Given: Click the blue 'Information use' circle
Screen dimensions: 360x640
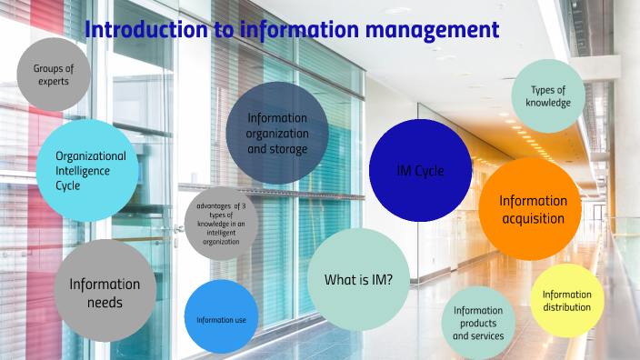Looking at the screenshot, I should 221,318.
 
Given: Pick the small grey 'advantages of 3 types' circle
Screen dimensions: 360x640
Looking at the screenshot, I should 221,224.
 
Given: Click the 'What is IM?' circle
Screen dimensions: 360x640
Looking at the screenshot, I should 358,279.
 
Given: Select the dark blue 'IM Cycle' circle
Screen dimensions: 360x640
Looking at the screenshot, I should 420,170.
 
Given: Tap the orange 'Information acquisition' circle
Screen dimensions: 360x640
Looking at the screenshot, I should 530,209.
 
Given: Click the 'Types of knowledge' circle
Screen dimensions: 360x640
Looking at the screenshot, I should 548,96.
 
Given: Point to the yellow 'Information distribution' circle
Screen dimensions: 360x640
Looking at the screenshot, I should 566,301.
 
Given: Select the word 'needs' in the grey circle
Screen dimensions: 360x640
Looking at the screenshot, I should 105,303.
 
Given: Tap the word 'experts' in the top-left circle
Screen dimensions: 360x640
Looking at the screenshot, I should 54,82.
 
